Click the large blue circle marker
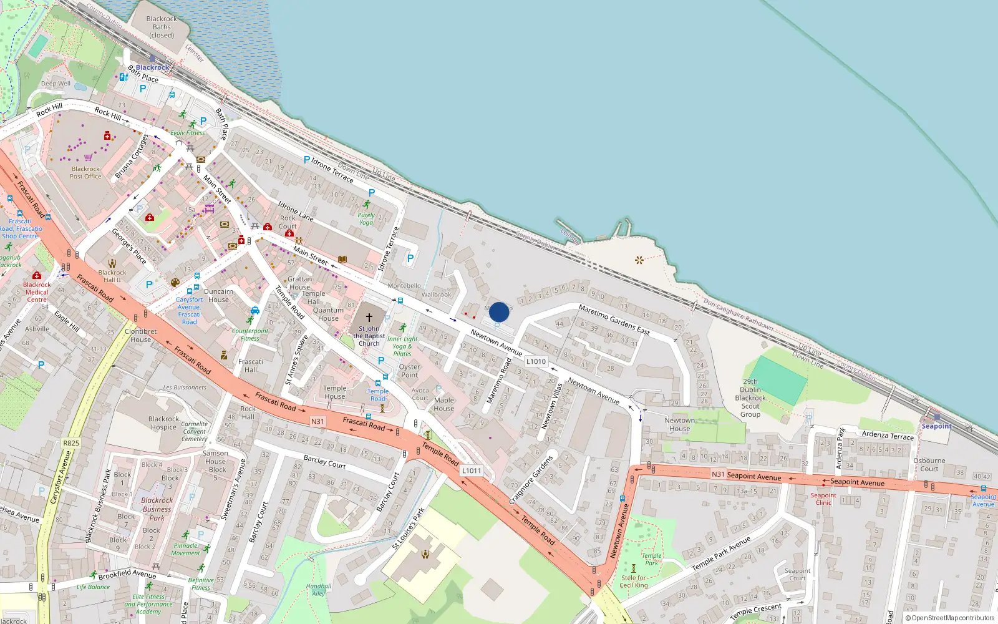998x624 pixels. tap(499, 312)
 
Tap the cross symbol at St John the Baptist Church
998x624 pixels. tap(369, 318)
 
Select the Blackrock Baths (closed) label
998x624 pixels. tap(162, 27)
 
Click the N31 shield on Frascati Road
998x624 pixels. tap(317, 421)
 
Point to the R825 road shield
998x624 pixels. tap(71, 443)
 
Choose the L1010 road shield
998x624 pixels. tap(536, 361)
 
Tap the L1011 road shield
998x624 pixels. tap(472, 470)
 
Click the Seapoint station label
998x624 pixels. tap(937, 426)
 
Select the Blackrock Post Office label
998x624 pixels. tap(85, 173)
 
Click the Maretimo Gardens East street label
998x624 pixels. tap(614, 319)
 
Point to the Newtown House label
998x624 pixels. tap(680, 424)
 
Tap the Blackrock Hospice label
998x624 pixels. tap(163, 423)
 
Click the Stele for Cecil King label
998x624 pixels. tap(634, 582)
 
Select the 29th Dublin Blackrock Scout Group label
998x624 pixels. tap(750, 397)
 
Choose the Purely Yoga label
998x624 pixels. tap(366, 218)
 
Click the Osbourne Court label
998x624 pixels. tap(929, 465)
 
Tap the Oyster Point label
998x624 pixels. tap(409, 371)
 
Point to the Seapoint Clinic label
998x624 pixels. tap(823, 499)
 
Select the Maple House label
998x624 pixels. tap(444, 404)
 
